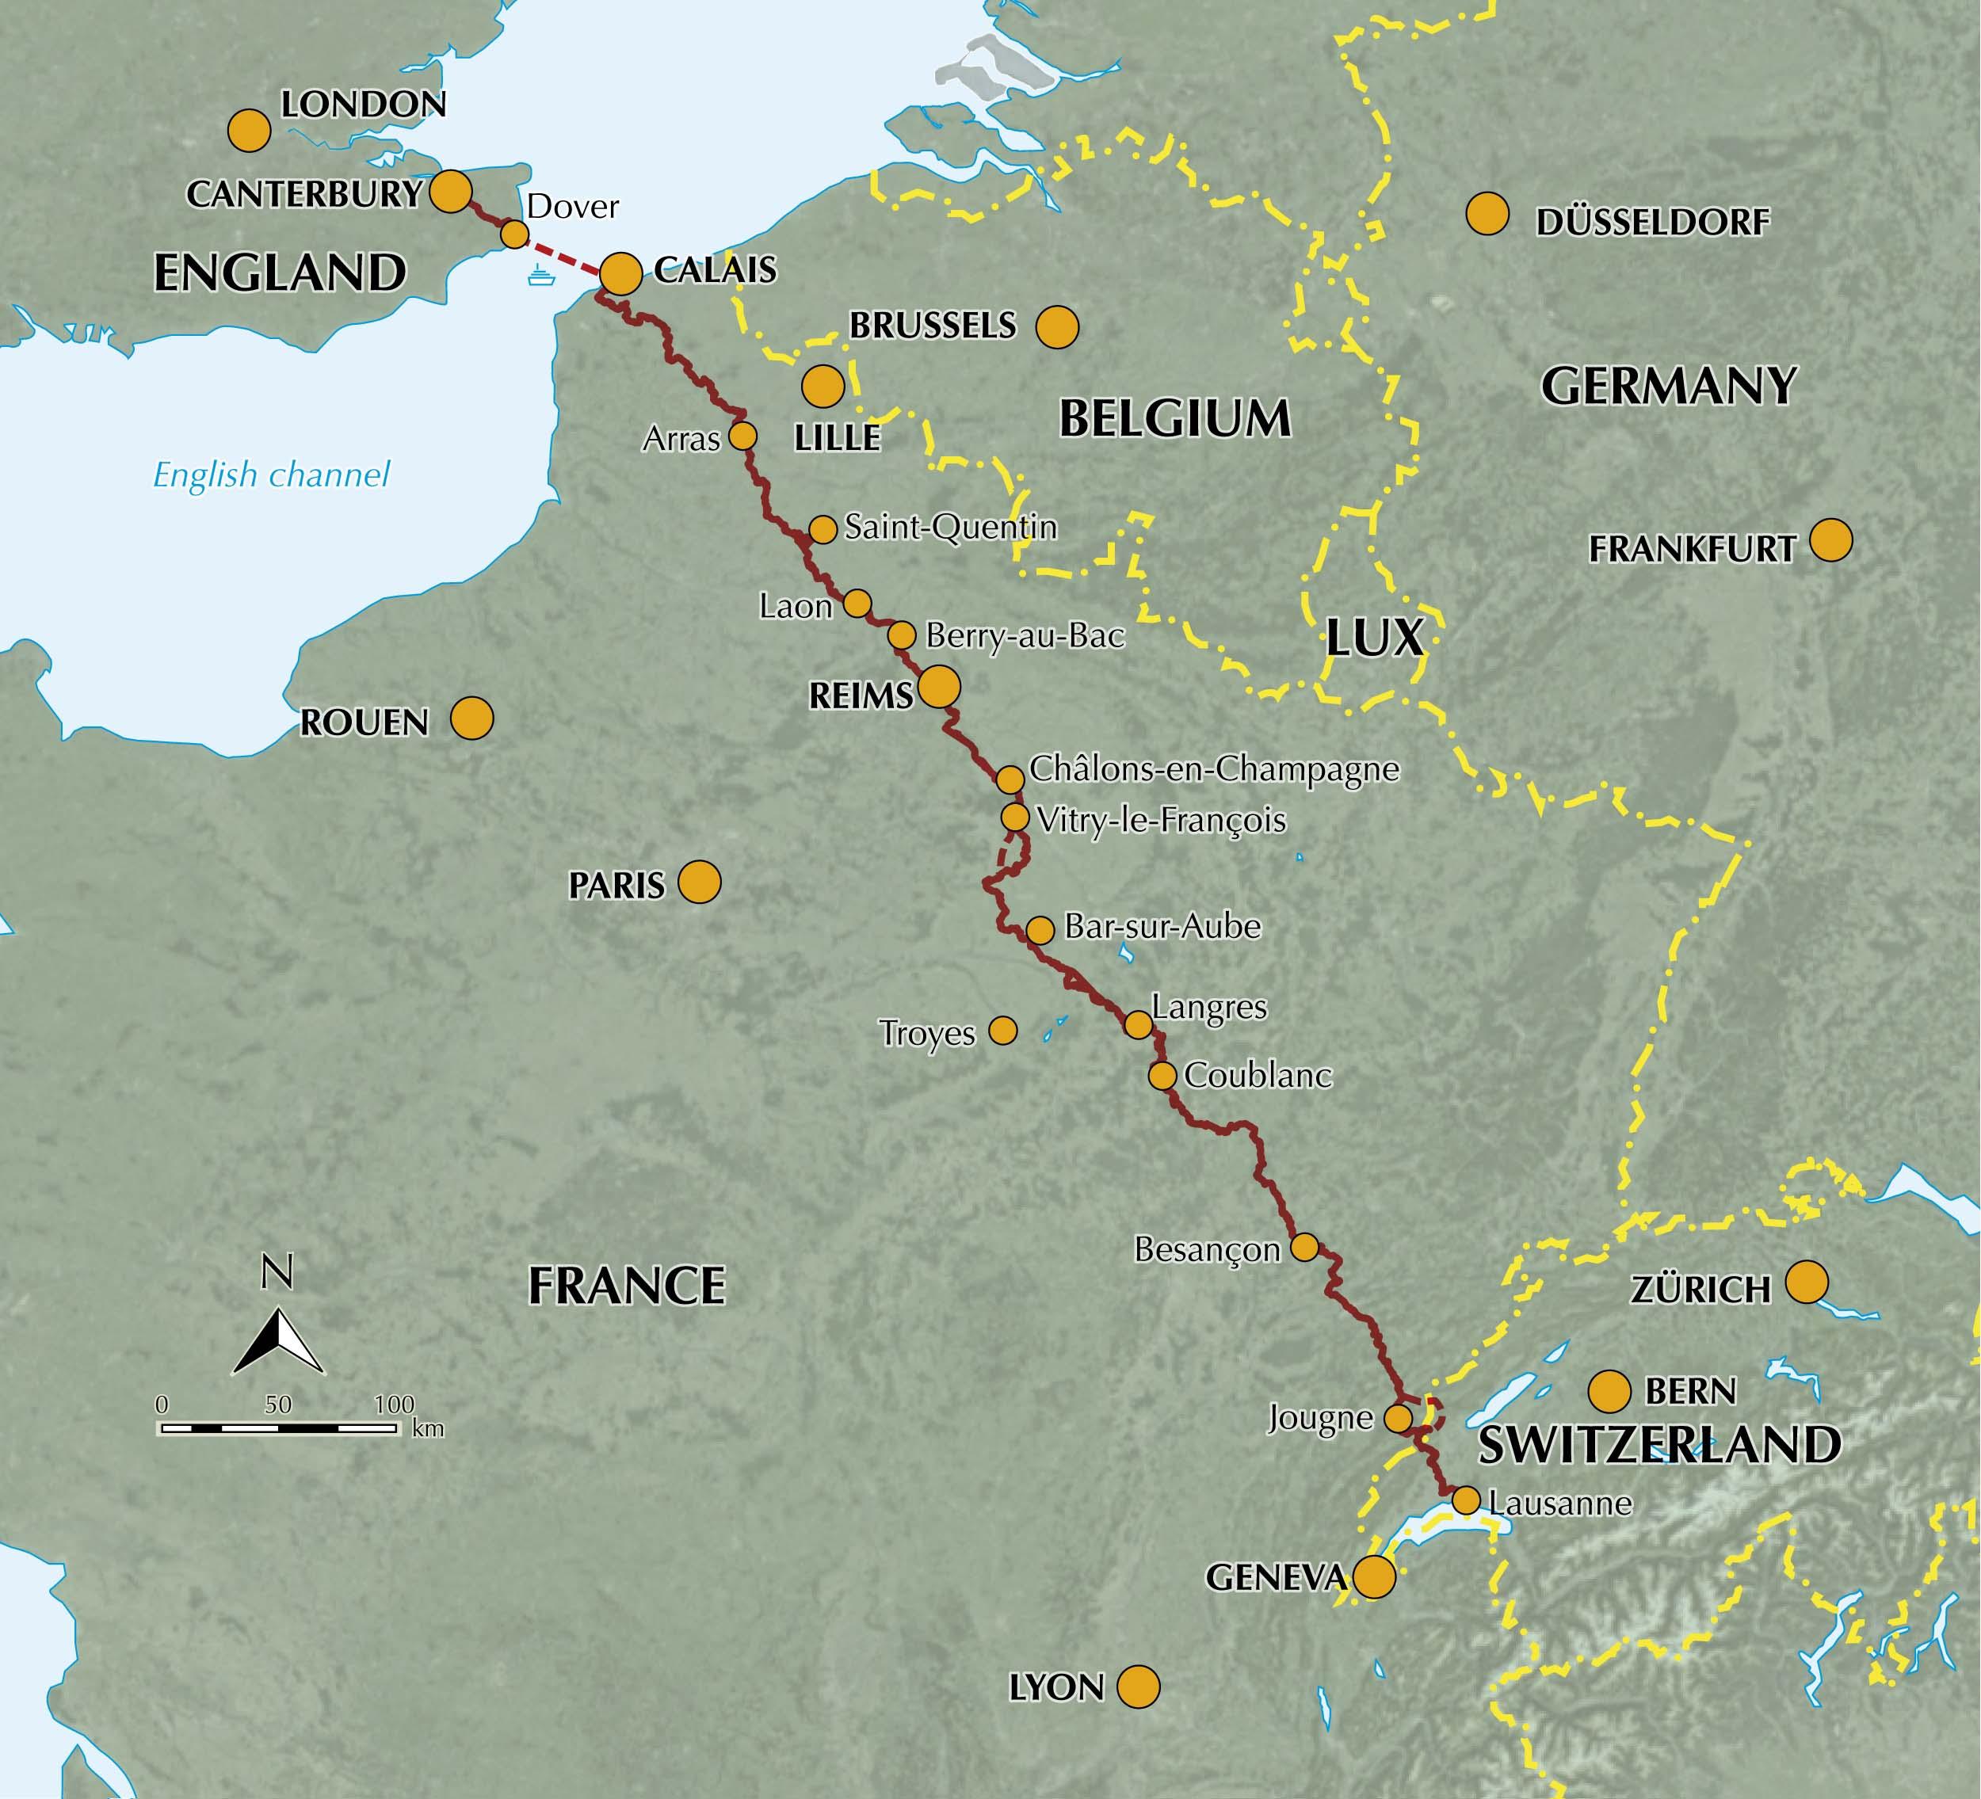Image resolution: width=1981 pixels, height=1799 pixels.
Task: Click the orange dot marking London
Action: (249, 131)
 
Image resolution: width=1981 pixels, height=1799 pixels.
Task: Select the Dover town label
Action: (573, 206)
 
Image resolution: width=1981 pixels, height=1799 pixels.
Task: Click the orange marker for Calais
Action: (621, 274)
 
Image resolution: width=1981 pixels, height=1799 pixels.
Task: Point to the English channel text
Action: (271, 475)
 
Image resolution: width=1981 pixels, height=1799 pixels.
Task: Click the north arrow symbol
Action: (278, 1340)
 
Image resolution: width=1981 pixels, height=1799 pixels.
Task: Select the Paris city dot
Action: (700, 882)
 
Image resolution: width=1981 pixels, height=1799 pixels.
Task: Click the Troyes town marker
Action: (1002, 1031)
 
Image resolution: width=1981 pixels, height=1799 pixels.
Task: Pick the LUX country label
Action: (1374, 638)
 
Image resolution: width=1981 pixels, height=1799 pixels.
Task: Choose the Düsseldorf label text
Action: (1653, 223)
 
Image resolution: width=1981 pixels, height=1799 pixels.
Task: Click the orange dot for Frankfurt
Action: (1830, 540)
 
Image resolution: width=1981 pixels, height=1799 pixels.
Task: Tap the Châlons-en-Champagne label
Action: (1213, 768)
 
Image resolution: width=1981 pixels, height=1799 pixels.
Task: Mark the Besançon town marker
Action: (1304, 1247)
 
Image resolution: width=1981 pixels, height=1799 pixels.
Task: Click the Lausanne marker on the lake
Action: (1465, 1500)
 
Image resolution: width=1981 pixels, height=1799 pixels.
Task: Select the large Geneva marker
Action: (1374, 1577)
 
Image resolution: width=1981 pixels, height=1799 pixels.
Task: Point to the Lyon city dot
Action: (1139, 1686)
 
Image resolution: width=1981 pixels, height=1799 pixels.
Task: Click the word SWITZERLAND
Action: (1658, 1444)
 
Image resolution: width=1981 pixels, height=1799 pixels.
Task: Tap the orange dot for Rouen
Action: (471, 719)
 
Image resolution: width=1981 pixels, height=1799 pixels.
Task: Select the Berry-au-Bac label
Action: (1024, 637)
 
